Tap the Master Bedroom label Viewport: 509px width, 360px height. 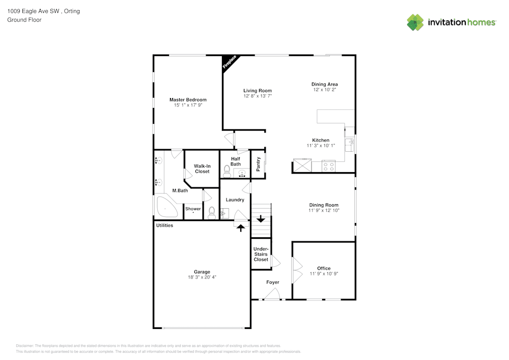[188, 100]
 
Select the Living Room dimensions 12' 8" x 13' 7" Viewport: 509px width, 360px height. [257, 96]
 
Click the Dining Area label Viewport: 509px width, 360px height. [325, 85]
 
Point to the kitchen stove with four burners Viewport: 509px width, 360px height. [328, 165]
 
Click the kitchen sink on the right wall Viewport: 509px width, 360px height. [350, 145]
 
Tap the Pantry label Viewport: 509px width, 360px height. [259, 164]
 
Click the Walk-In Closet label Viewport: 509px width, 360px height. [202, 169]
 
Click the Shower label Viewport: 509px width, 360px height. [193, 209]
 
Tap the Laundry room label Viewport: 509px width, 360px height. [235, 200]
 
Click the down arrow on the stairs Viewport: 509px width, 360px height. [261, 219]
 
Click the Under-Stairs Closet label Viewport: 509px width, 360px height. [261, 254]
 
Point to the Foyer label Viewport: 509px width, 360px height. [273, 282]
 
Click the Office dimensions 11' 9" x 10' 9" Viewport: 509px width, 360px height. [324, 273]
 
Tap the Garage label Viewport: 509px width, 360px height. [202, 272]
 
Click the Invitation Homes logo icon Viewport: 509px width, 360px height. [415, 22]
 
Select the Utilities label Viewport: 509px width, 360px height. [164, 225]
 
